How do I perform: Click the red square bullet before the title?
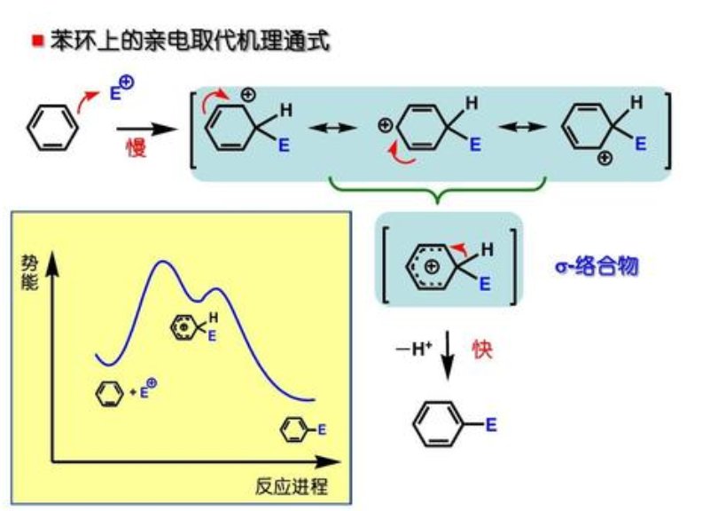(x=36, y=41)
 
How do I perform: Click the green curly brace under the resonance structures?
(x=438, y=189)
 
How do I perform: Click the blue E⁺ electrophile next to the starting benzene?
(x=121, y=89)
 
